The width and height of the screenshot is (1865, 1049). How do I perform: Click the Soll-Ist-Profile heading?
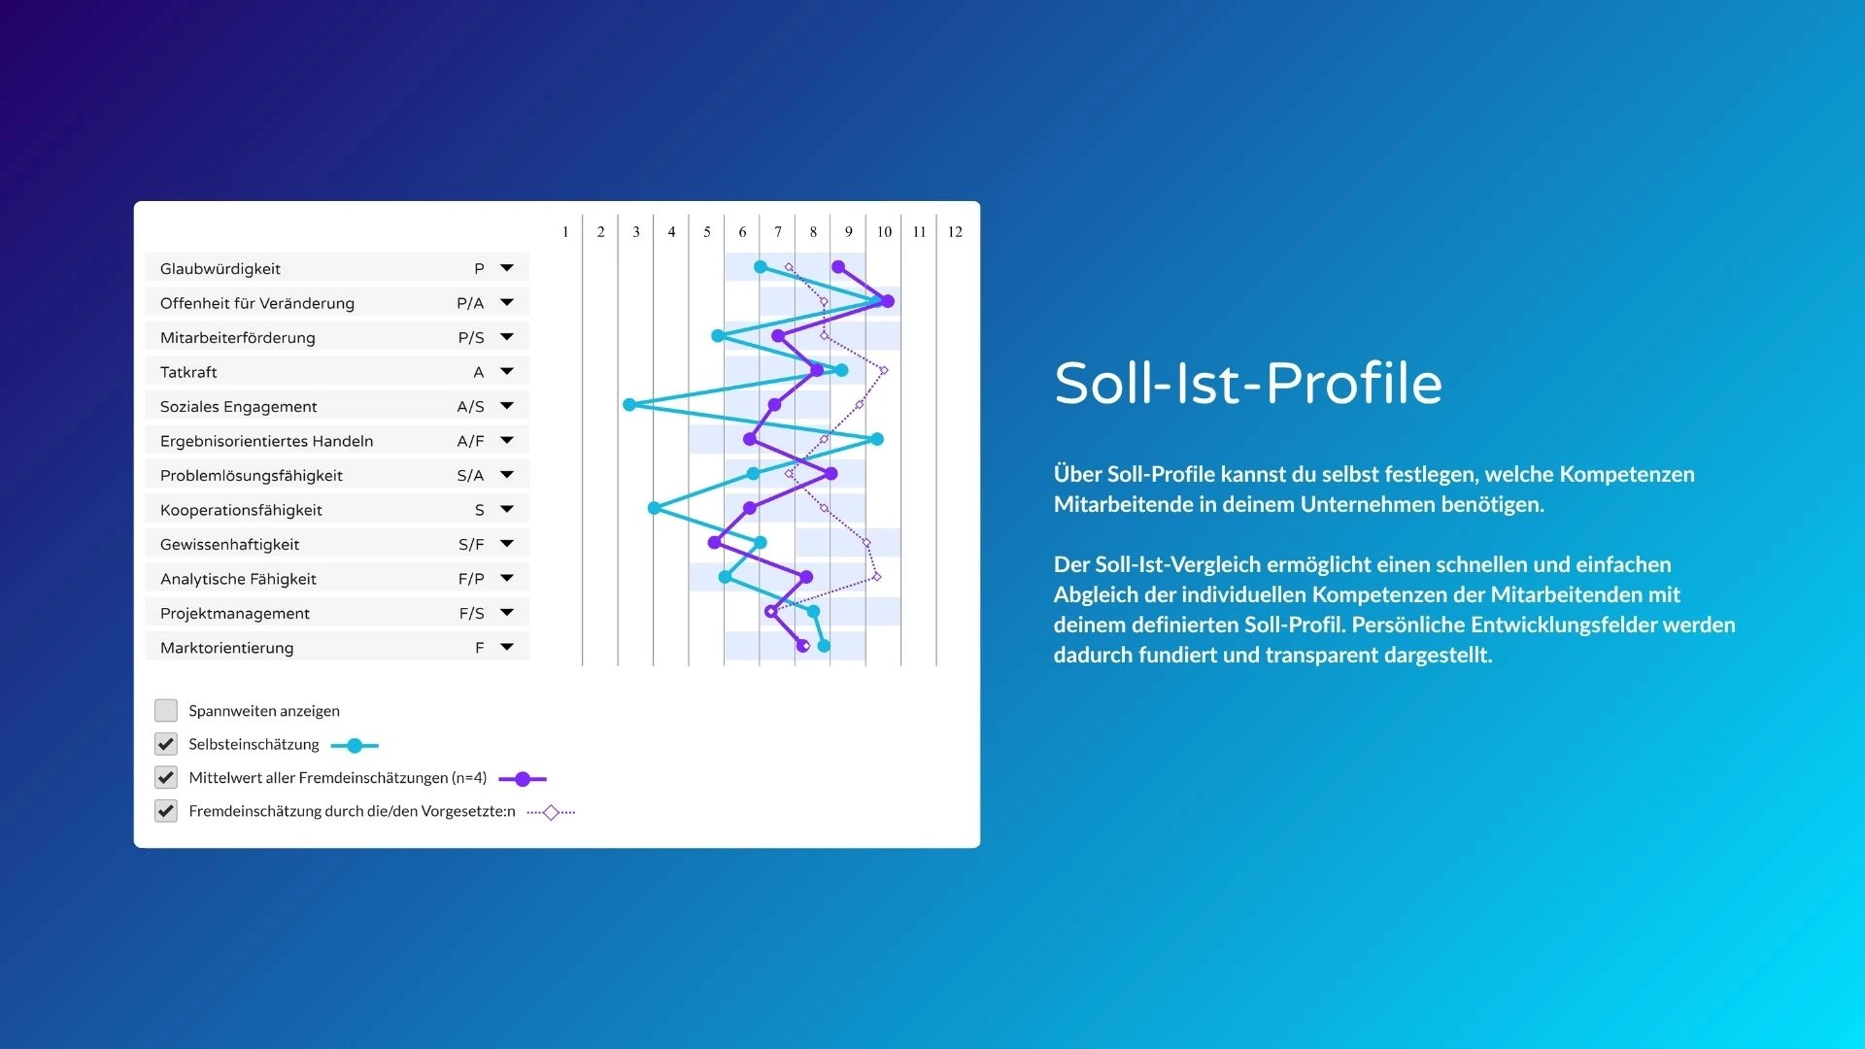(x=1248, y=383)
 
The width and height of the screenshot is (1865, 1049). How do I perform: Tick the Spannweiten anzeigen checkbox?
(x=166, y=710)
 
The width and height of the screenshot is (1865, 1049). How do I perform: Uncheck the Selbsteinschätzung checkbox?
(x=166, y=744)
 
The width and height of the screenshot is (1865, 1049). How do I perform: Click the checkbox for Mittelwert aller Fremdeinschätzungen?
(x=166, y=777)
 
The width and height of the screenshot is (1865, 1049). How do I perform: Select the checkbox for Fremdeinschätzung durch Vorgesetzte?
(x=166, y=811)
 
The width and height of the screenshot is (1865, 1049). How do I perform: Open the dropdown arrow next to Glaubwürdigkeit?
(x=507, y=268)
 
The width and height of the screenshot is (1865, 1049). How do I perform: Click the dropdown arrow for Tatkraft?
(x=507, y=371)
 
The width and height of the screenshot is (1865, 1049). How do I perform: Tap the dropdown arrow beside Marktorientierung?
(x=507, y=647)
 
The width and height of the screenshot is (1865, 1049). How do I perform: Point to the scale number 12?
(x=955, y=232)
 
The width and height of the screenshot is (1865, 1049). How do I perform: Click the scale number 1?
(x=565, y=232)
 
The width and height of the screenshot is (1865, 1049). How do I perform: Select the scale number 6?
(x=742, y=232)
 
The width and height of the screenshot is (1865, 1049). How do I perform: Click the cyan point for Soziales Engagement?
(x=629, y=404)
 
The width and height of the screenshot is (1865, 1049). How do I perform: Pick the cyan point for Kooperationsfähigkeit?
(x=654, y=508)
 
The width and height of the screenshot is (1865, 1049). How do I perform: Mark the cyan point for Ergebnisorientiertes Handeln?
(x=877, y=439)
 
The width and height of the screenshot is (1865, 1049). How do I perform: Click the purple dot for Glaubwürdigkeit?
(x=838, y=267)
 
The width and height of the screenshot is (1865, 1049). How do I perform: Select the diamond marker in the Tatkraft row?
(x=883, y=370)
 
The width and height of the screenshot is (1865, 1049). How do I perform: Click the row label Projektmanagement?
(x=235, y=613)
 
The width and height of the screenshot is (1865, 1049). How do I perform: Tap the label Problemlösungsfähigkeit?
(x=252, y=475)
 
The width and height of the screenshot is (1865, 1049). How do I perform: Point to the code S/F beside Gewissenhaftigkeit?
(x=471, y=544)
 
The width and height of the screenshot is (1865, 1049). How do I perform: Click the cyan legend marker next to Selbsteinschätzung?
(x=355, y=746)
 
